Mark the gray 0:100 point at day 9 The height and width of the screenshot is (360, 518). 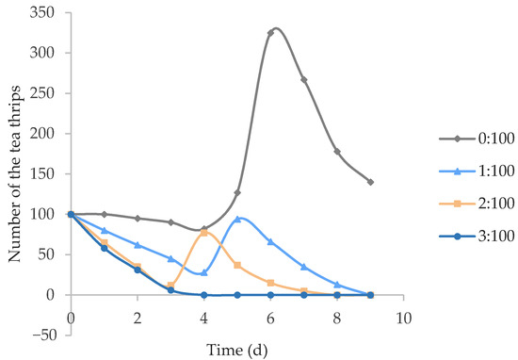click(371, 182)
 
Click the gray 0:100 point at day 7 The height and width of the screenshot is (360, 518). click(304, 80)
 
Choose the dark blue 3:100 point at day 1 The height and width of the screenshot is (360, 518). click(104, 248)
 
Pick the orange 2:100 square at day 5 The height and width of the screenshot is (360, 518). click(237, 265)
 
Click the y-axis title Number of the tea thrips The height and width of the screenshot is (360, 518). click(13, 173)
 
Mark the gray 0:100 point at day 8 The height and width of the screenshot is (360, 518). click(337, 152)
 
